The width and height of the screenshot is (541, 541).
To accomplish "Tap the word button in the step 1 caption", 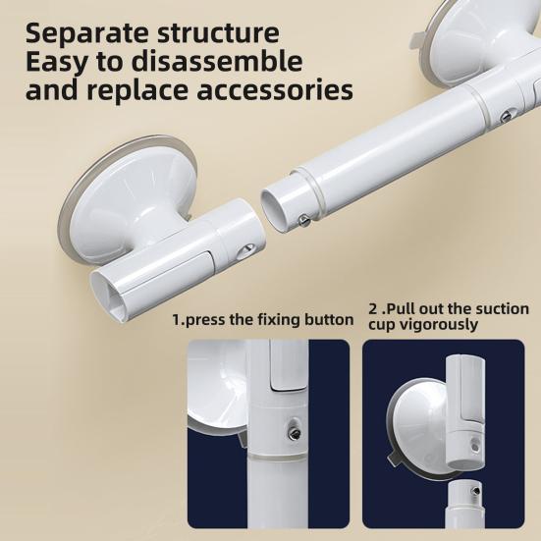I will [x=327, y=319].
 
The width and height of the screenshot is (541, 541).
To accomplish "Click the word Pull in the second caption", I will [x=399, y=309].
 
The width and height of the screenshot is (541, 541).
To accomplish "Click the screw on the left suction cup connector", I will [x=248, y=250].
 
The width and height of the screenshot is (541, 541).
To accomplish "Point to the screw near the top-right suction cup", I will [x=506, y=116].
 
